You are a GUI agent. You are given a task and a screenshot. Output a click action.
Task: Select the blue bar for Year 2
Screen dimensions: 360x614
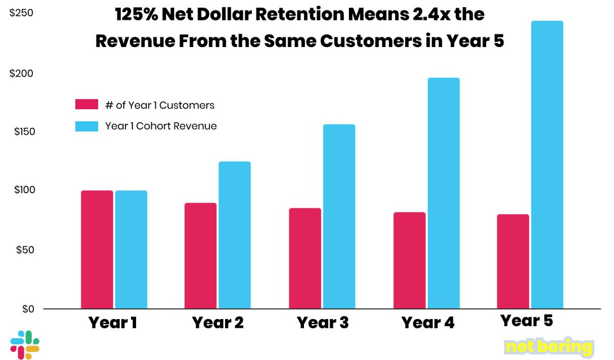pyautogui.click(x=235, y=235)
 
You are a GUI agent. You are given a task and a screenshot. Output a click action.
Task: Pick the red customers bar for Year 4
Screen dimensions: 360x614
pyautogui.click(x=409, y=260)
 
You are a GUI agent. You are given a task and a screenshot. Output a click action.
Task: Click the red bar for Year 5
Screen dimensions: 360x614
pyautogui.click(x=513, y=261)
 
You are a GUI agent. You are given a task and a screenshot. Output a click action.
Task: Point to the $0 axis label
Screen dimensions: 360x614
pyautogui.click(x=26, y=309)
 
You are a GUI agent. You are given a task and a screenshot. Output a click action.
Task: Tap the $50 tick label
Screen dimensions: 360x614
pyautogui.click(x=23, y=250)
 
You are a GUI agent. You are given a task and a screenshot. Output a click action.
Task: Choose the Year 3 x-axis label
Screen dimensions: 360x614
pyautogui.click(x=323, y=323)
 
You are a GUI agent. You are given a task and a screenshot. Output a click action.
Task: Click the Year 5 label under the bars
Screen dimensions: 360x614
pyautogui.click(x=527, y=321)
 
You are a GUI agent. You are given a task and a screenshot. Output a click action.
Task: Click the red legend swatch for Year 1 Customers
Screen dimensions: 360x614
pyautogui.click(x=86, y=105)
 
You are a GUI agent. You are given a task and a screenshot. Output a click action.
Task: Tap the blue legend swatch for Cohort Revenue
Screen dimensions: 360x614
pyautogui.click(x=86, y=126)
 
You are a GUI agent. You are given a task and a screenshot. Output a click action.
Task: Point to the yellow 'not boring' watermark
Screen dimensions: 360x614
pyautogui.click(x=549, y=347)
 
